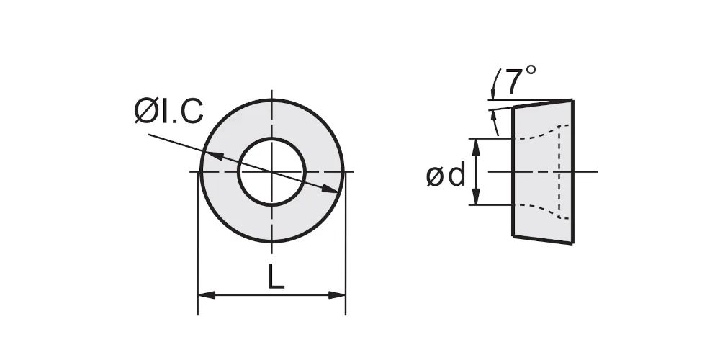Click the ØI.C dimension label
coord(168,111)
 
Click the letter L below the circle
coord(276,277)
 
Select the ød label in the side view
coord(446,176)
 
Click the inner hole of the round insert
coord(272,171)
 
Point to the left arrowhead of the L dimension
coord(207,294)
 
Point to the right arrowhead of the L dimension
coord(336,294)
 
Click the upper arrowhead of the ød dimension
coord(477,147)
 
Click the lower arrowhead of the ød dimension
coord(477,196)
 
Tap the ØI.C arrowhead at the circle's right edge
coord(330,189)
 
